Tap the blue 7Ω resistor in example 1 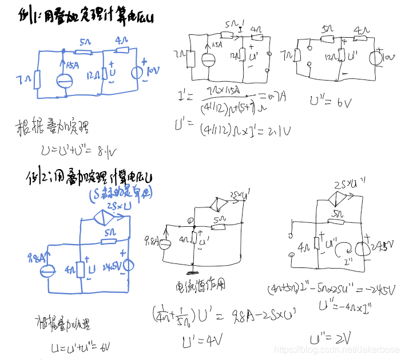tap(37, 80)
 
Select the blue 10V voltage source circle tap(137, 73)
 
